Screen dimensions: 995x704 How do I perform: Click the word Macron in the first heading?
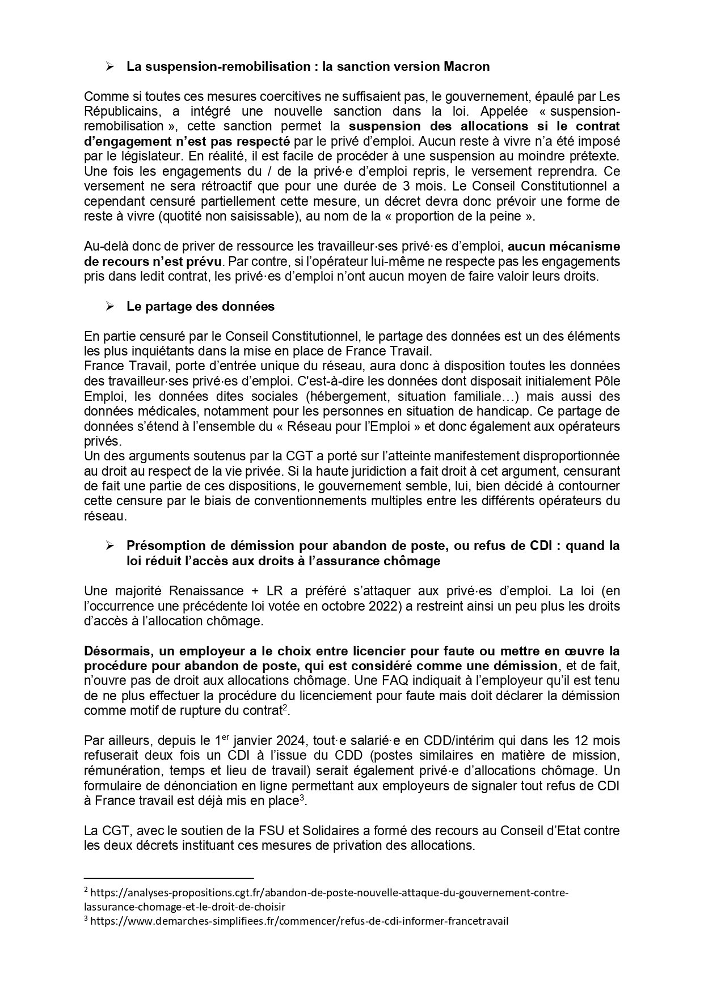coord(465,67)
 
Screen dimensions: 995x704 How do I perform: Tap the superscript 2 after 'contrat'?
coord(285,708)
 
